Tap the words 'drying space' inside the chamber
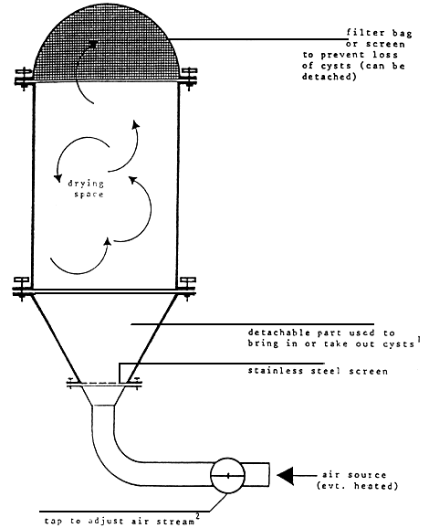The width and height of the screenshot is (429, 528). [89, 190]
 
